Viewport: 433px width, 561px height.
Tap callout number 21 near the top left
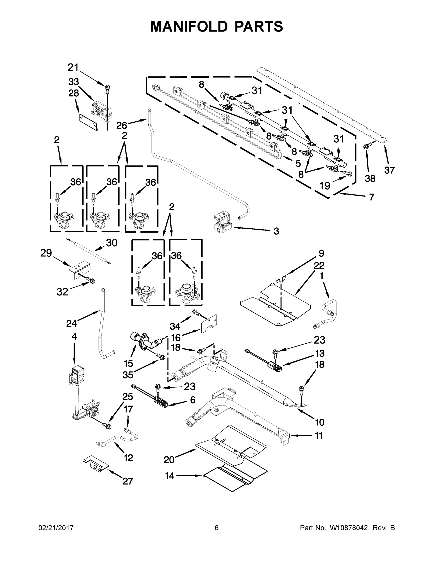[x=73, y=68]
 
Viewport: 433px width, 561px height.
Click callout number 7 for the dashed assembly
[x=372, y=197]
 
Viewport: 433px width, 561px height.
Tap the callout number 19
[x=325, y=185]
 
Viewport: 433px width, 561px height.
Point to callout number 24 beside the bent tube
[x=71, y=324]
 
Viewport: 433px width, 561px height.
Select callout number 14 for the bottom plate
[x=169, y=476]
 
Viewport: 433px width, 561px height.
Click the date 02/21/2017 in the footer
[x=56, y=528]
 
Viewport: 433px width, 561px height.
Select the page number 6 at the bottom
[x=217, y=528]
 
